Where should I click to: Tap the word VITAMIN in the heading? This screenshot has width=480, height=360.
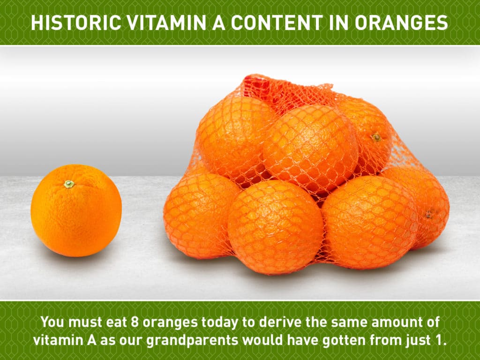coord(166,22)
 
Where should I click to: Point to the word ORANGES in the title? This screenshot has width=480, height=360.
coord(401,22)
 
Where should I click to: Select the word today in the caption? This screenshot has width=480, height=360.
coord(220,322)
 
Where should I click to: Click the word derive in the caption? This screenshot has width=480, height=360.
coord(276,322)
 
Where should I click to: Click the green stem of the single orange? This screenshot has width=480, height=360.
coord(69,184)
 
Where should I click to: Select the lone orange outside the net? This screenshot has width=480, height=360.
coord(76,210)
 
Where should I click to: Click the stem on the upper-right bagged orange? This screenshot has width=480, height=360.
coord(376,137)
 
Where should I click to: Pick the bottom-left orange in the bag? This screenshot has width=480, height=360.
coord(199,214)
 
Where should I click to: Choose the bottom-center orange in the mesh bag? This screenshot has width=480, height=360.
coord(276,227)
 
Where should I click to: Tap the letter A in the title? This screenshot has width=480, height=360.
coord(219,22)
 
